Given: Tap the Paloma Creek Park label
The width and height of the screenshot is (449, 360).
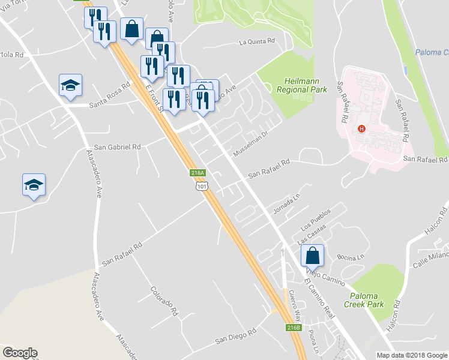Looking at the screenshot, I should click(373, 300).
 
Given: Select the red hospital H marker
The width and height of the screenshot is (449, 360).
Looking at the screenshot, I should click(361, 128).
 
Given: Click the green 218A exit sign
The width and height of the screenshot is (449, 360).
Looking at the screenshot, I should click(198, 173).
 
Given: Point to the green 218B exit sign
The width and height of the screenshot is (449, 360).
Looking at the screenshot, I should click(293, 328).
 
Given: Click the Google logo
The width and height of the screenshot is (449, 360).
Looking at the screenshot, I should click(19, 353).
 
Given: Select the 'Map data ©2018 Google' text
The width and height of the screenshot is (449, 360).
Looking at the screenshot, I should click(412, 355).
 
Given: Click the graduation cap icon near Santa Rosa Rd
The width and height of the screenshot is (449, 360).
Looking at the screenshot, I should click(70, 85).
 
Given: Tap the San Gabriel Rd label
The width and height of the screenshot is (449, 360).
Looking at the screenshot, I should click(118, 146).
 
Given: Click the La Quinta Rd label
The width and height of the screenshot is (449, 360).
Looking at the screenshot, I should click(256, 42).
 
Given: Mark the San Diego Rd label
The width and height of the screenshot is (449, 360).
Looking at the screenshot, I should click(236, 336).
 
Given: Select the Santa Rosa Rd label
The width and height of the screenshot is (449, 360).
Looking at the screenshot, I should click(109, 95).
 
